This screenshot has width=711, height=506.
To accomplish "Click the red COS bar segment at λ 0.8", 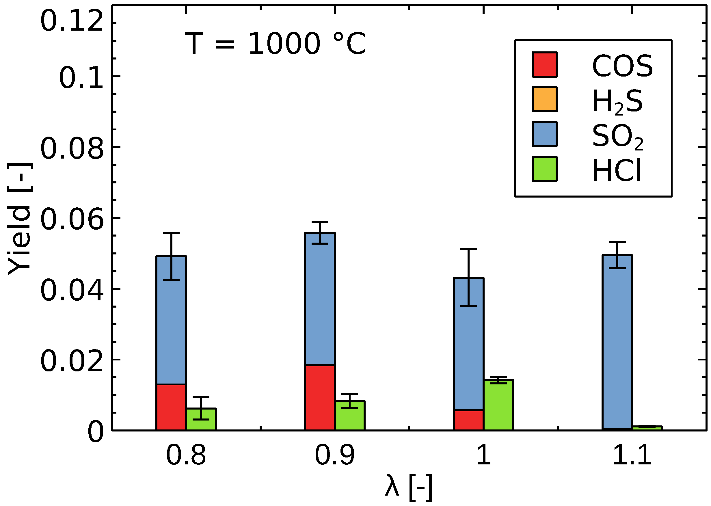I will point(171,407).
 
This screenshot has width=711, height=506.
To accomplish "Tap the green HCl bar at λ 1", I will point(498,405).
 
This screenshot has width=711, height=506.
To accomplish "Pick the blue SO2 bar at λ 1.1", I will point(617,341).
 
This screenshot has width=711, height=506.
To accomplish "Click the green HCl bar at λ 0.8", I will point(201,419).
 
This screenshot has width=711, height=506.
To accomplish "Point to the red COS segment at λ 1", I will point(468,420).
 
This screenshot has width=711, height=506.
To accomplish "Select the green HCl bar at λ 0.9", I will point(350,415).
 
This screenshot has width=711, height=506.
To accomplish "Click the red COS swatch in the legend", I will point(544,64).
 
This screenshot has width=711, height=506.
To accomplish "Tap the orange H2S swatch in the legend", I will point(544,99).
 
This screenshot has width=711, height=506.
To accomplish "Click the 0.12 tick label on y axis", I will point(72,23).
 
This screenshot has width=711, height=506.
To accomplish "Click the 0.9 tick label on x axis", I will point(335,455).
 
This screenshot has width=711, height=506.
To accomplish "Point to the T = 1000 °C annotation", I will point(275,44).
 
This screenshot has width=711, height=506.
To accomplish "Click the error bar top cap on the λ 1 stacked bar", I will point(468,249).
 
